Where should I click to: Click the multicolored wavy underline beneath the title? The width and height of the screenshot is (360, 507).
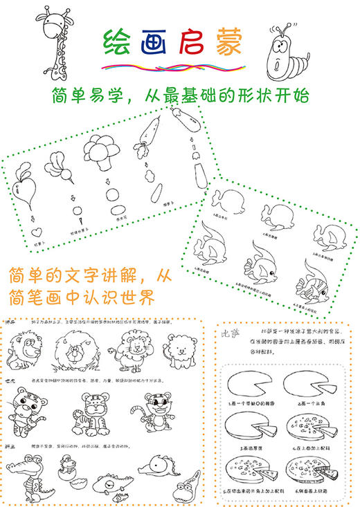[x=173, y=67]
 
